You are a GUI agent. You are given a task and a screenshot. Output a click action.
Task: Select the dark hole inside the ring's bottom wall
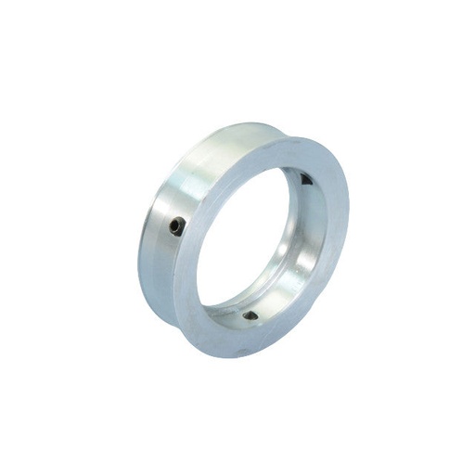point(250,315)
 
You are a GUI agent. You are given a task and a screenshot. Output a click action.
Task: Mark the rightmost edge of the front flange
point(349,223)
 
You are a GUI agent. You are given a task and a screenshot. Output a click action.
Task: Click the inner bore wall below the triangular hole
point(312,213)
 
